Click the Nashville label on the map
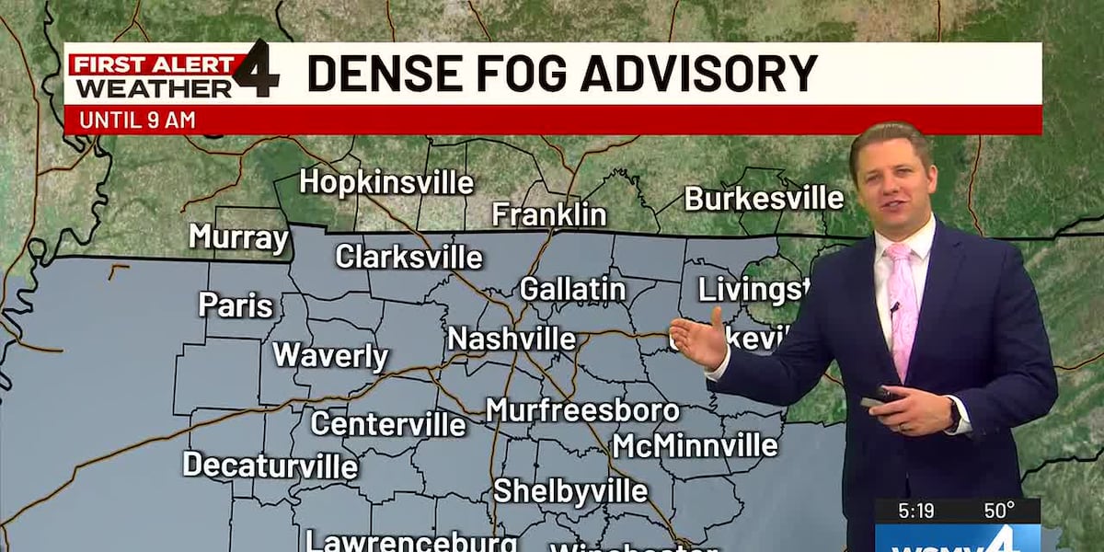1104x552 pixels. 512,339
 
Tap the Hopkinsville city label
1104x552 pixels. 386,182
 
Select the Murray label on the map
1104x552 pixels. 239,237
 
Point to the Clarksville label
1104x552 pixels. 408,257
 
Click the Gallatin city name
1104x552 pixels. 572,290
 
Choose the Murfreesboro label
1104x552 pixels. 582,410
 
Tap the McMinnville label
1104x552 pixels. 695,445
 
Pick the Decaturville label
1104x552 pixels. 270,465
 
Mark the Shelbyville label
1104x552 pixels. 570,491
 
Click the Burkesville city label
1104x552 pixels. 764,198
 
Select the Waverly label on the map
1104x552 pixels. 330,356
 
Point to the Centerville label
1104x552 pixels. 387,424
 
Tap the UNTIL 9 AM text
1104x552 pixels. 137,120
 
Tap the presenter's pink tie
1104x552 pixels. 903,304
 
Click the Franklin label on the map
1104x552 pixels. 549,215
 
